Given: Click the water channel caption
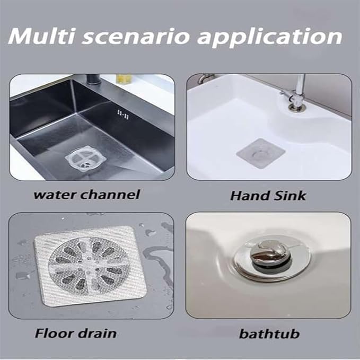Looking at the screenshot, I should tap(86, 194).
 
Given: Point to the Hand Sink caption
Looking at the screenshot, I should tap(268, 196).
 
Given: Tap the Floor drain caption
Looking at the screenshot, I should tap(76, 333).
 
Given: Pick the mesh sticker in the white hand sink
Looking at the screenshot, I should tap(260, 153).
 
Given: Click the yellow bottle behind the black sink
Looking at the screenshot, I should tap(124, 80).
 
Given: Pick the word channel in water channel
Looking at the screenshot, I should tap(111, 194).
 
